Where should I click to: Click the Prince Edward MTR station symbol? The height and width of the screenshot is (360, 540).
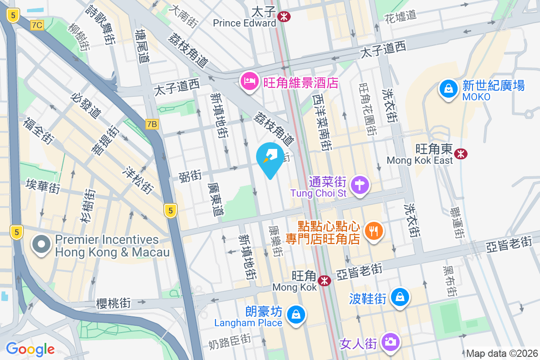[x=283, y=17]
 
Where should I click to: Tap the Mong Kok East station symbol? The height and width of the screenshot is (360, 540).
[x=461, y=154]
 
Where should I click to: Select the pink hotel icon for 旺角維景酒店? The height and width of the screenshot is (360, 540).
[x=249, y=81]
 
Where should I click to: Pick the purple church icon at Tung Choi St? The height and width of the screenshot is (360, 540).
[x=360, y=185]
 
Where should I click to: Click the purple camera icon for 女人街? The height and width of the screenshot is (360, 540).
[x=390, y=341]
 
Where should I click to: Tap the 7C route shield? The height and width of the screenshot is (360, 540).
[x=37, y=25]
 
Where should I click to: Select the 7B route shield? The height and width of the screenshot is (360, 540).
[x=153, y=124]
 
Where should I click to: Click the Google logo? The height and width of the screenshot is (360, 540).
[x=30, y=349]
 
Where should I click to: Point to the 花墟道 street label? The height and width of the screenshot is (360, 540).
[x=401, y=17]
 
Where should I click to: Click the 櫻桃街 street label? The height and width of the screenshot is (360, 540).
[x=113, y=304]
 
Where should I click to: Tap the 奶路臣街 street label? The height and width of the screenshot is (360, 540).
[x=229, y=343]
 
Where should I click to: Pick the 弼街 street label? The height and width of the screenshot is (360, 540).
[x=190, y=176]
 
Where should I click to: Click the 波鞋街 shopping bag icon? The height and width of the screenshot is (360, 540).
[x=399, y=297]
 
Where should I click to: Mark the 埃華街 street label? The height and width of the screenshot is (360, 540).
[x=43, y=186]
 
